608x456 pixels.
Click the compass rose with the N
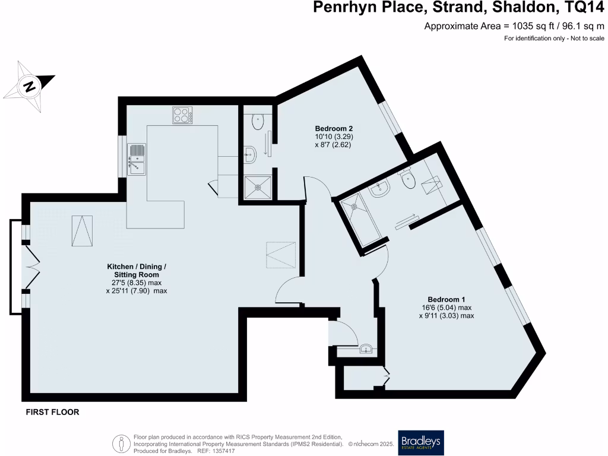click(x=28, y=87)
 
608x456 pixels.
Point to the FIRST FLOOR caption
click(x=52, y=412)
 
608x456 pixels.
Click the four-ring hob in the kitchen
click(x=183, y=115)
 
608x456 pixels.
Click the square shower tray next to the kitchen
click(x=258, y=186)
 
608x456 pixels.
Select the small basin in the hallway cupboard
click(x=366, y=349)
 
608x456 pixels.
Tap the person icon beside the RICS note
click(x=122, y=443)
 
